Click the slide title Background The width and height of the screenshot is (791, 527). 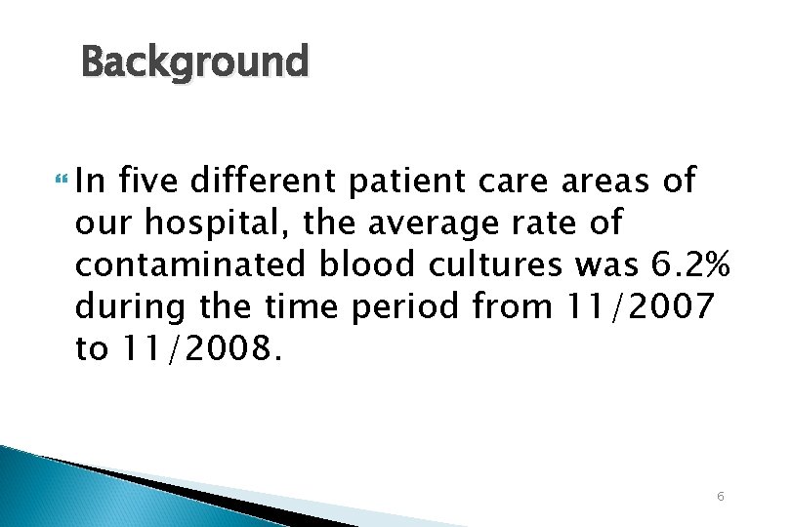pos(194,62)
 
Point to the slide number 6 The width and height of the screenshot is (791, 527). pos(720,497)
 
